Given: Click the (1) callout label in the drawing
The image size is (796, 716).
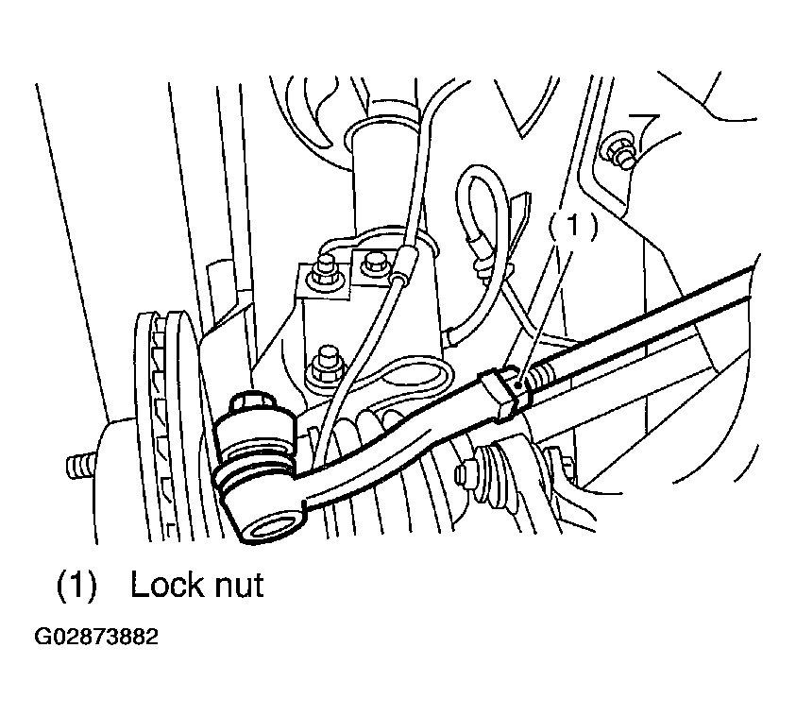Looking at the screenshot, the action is click(573, 225).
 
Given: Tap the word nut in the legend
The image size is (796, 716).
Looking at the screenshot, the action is click(240, 587).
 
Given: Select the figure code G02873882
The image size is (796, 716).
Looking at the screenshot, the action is click(96, 637).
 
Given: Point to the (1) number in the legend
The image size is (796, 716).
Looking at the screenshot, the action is click(76, 585).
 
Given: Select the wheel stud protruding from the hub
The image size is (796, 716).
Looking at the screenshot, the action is click(81, 466).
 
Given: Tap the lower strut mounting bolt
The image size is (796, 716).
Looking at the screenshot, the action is click(326, 365).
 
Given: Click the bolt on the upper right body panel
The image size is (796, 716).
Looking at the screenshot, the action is click(620, 150).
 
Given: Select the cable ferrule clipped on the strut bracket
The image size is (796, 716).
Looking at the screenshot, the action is click(404, 263).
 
